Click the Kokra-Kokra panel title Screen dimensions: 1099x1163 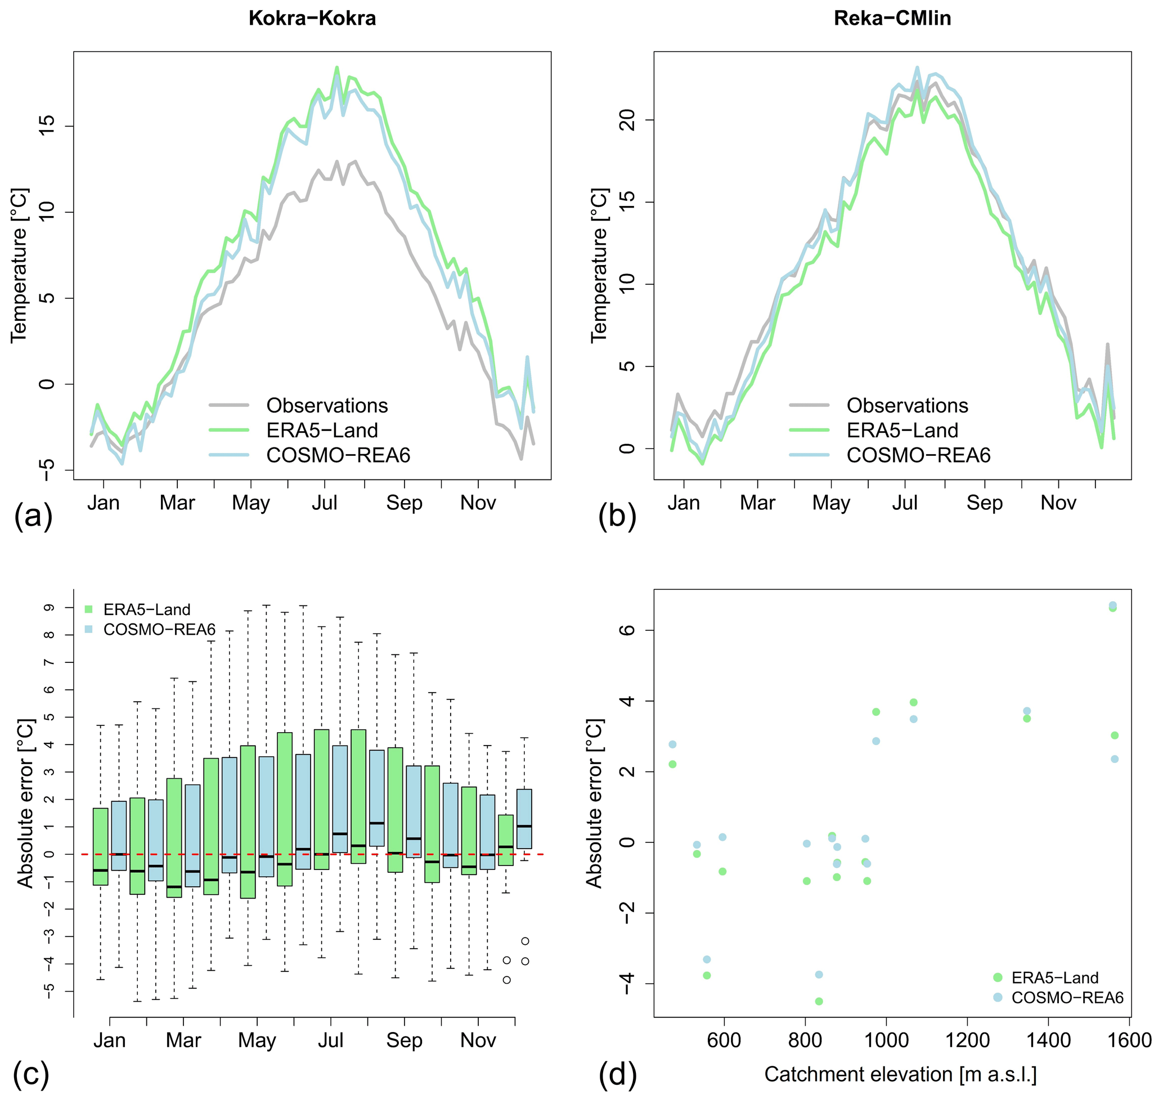312,18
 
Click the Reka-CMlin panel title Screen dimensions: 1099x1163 892,18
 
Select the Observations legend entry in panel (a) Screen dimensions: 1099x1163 326,405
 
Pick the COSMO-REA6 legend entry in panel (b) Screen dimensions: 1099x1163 918,455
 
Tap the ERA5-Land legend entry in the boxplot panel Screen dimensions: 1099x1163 146,610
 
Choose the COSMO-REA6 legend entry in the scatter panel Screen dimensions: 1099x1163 1067,998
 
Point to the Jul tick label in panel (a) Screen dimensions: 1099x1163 325,503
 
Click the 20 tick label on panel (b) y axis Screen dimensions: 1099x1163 627,120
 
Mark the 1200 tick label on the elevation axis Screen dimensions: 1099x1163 967,1040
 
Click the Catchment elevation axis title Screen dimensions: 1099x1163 900,1074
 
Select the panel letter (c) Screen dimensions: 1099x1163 31,1075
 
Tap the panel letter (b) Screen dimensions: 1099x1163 617,516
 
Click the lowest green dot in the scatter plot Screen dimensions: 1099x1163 819,1001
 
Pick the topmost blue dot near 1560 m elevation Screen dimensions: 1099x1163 1112,605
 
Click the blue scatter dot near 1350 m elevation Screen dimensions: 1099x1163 1026,711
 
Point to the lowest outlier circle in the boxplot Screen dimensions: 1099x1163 506,980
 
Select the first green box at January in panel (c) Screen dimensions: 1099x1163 100,846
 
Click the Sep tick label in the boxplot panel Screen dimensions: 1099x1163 404,1040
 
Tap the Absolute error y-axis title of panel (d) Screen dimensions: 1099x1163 594,803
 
